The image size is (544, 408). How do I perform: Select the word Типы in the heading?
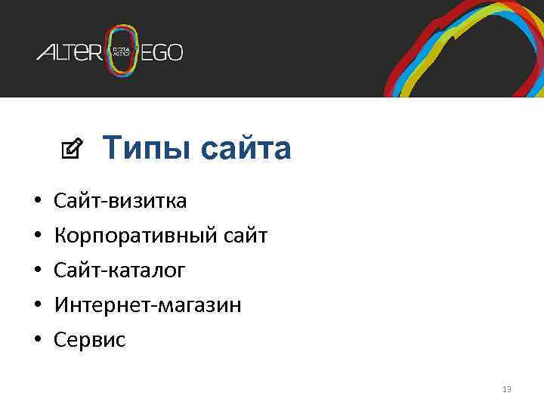pyautogui.click(x=140, y=149)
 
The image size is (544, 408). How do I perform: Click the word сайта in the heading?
pyautogui.click(x=246, y=149)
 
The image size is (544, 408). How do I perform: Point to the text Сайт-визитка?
pyautogui.click(x=120, y=201)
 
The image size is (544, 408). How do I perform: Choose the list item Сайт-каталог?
pyautogui.click(x=119, y=270)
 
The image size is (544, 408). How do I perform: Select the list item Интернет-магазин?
pyautogui.click(x=147, y=305)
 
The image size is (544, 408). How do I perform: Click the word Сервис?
pyautogui.click(x=90, y=340)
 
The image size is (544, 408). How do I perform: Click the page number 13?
pyautogui.click(x=506, y=389)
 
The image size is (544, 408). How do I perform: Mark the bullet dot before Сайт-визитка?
pyautogui.click(x=37, y=202)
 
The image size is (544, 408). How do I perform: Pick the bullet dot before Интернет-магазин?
pyautogui.click(x=37, y=306)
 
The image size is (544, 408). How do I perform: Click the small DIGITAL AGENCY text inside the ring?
pyautogui.click(x=122, y=51)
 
